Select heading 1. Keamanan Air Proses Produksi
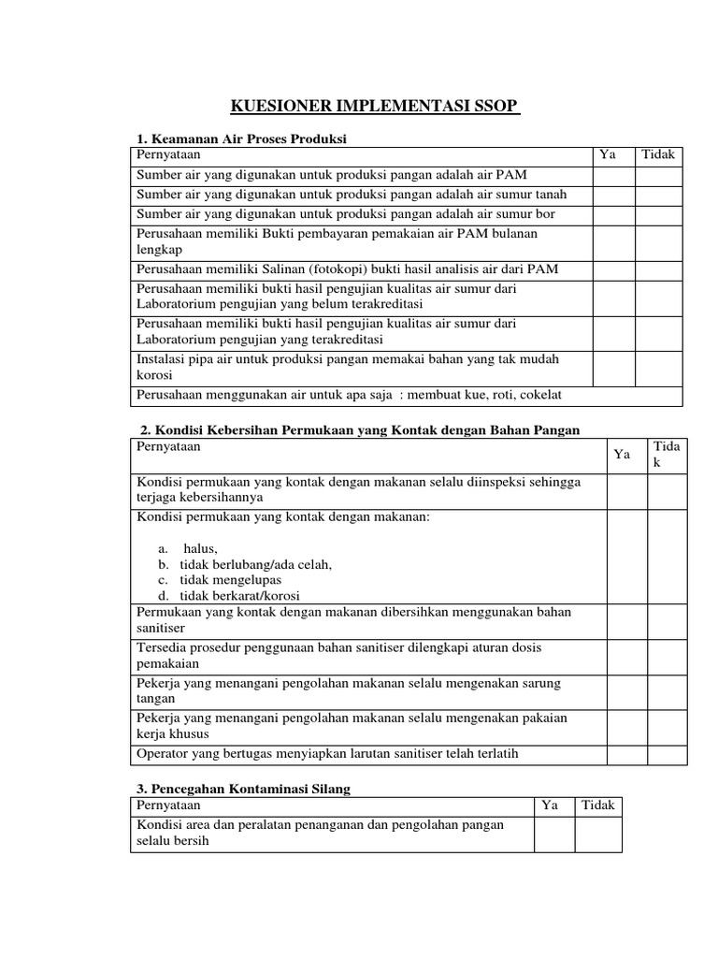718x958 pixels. [x=241, y=138]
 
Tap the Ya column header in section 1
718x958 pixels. [x=607, y=155]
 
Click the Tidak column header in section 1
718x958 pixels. [x=658, y=155]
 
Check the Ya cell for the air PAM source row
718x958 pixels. [x=613, y=176]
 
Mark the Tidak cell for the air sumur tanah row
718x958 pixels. [x=659, y=195]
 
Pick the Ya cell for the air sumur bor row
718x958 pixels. [x=613, y=213]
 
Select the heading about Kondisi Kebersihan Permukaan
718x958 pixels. [x=360, y=429]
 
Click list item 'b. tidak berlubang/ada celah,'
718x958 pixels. [x=245, y=564]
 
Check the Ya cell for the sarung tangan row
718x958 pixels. [x=626, y=691]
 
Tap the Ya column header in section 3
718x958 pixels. [x=552, y=806]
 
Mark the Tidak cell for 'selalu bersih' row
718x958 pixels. [x=597, y=834]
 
